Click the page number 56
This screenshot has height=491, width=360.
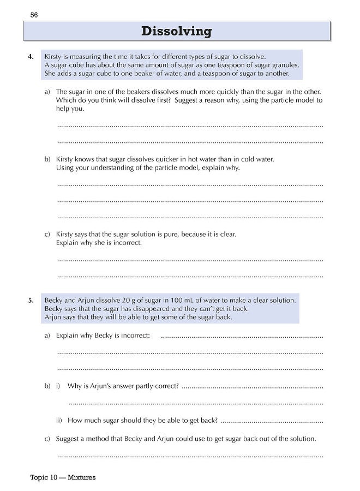click(x=33, y=14)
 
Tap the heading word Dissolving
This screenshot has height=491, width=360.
click(x=176, y=31)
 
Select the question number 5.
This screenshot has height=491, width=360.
click(x=32, y=300)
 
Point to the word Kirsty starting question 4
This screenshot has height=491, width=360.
click(x=53, y=56)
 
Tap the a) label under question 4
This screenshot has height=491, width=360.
click(x=47, y=92)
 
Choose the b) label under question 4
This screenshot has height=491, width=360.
click(x=47, y=159)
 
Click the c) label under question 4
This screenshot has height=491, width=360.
click(x=47, y=234)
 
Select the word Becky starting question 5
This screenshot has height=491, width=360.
click(x=54, y=300)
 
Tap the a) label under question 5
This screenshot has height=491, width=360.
click(x=47, y=335)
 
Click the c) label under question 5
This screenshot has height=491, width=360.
click(x=47, y=439)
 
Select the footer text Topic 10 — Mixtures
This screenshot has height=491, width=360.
click(x=63, y=477)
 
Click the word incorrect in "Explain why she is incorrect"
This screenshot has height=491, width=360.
click(x=126, y=243)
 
